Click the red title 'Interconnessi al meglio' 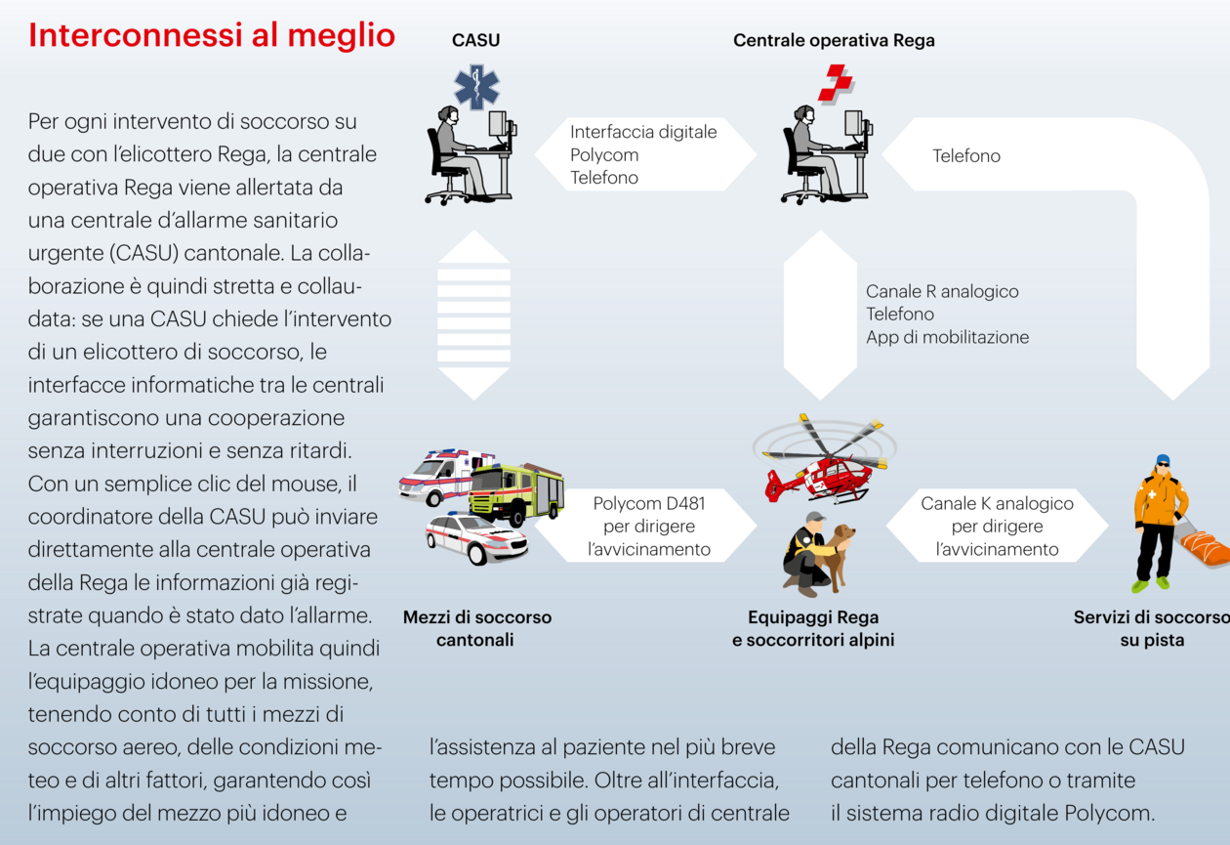(212, 36)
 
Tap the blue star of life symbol (476, 87)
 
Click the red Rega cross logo (836, 83)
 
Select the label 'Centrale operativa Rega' (834, 40)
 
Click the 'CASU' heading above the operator (475, 40)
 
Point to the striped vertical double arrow (473, 315)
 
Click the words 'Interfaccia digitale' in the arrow (643, 132)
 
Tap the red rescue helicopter (824, 459)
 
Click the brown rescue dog (837, 556)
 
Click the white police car (476, 538)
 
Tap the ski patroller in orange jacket (1159, 522)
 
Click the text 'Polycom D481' (648, 503)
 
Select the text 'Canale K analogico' (997, 503)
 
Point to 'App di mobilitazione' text (947, 337)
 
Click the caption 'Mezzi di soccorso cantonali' (476, 628)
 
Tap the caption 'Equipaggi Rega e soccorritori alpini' (812, 628)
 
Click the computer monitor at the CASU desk (499, 125)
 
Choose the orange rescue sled (1204, 548)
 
